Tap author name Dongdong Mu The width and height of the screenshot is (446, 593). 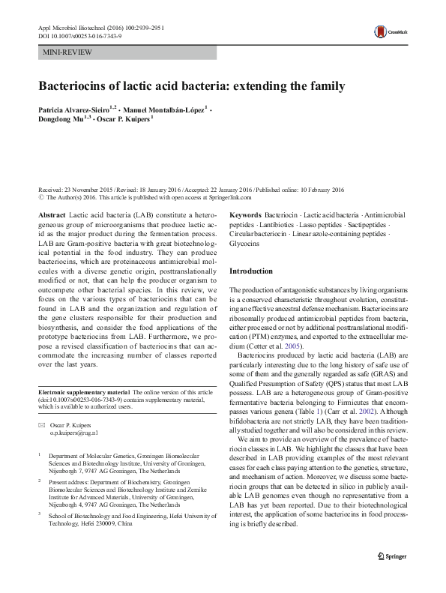(x=64, y=120)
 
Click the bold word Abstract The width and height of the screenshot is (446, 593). (x=52, y=214)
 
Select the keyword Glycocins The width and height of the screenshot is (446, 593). (x=245, y=244)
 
